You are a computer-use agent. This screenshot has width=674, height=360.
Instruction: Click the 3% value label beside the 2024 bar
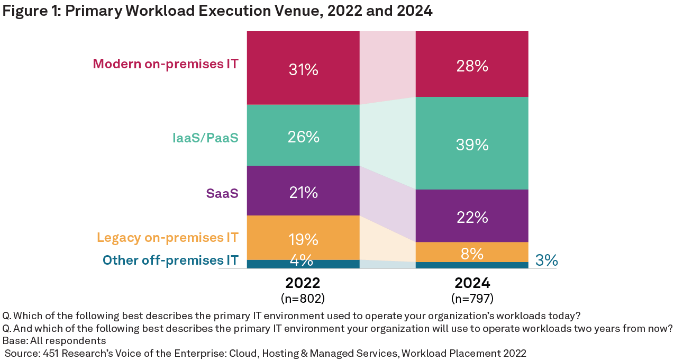point(547,260)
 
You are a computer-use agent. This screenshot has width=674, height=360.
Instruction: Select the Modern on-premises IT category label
point(166,64)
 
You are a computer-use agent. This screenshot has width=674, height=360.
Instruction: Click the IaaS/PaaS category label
point(205,138)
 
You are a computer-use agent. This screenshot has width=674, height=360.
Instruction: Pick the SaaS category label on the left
point(222,193)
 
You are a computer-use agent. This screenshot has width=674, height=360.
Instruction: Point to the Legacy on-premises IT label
point(168,237)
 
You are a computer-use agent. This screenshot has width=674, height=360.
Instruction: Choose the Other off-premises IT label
point(170,260)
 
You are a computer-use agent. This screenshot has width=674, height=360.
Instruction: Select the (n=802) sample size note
point(303,299)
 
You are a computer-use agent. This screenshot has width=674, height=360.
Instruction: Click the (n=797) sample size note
point(472,299)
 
